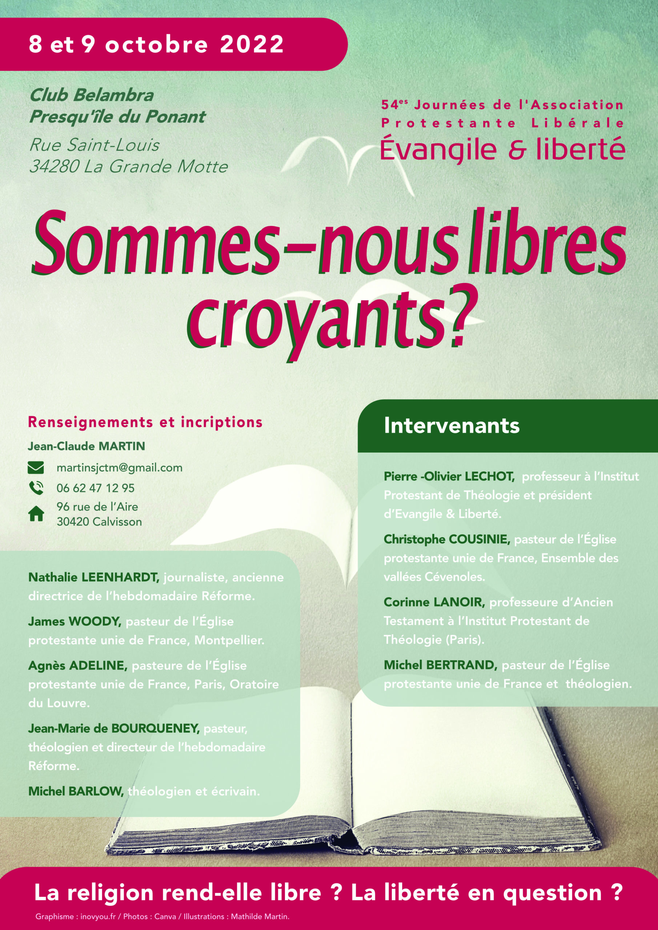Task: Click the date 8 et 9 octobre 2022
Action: tap(156, 44)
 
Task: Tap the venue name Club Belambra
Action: tap(92, 96)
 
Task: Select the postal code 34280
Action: tap(53, 166)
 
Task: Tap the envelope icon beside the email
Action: tap(36, 468)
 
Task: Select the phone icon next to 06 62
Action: tap(36, 488)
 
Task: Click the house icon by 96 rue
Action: tap(36, 514)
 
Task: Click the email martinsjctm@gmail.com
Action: tap(120, 468)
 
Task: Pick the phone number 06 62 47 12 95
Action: tap(96, 488)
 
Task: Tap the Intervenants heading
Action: tap(452, 426)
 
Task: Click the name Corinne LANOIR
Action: tap(434, 602)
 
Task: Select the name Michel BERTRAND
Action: tap(440, 665)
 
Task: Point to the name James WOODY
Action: tap(75, 621)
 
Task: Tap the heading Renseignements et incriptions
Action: tap(145, 422)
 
